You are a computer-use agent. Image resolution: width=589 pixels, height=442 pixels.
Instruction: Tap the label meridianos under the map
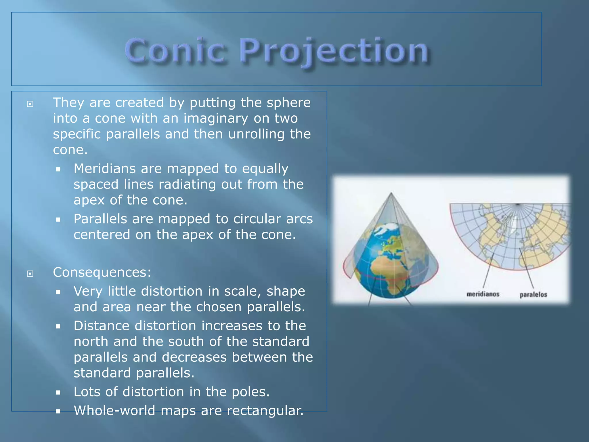(x=483, y=294)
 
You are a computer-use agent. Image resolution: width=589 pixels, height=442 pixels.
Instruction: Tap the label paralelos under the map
(x=533, y=294)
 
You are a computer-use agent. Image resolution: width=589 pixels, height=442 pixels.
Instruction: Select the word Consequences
(x=102, y=272)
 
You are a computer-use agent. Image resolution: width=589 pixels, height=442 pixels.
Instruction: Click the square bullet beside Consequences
(x=30, y=273)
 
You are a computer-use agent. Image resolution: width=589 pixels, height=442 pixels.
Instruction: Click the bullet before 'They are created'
(x=30, y=104)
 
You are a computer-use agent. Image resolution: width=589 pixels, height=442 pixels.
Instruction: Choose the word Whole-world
(x=114, y=410)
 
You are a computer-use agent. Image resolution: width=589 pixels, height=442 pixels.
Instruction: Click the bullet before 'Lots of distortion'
(x=58, y=393)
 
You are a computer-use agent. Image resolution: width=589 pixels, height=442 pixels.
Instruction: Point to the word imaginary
(x=216, y=119)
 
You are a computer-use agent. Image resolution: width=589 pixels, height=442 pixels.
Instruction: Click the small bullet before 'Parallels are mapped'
(x=58, y=220)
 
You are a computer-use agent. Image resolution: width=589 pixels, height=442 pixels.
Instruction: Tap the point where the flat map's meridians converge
(x=518, y=204)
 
